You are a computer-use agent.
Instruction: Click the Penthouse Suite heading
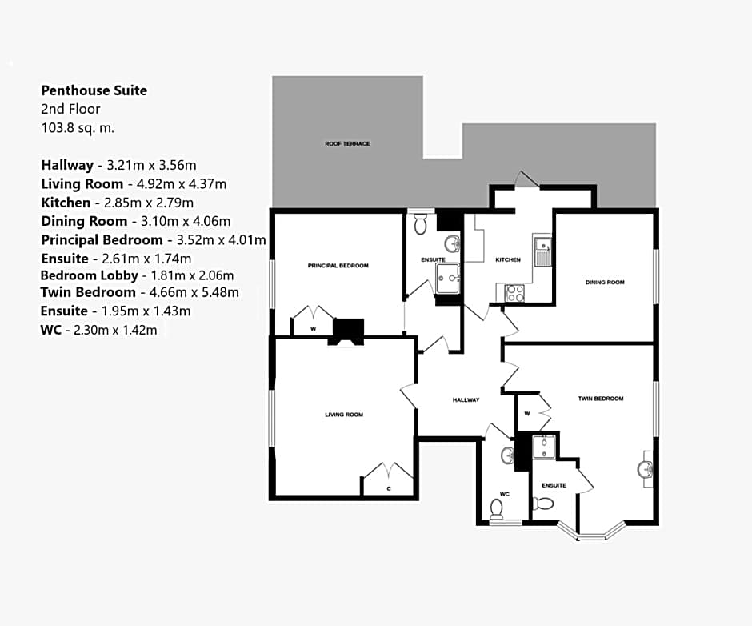tap(94, 90)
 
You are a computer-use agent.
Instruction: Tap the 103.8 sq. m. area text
tap(78, 128)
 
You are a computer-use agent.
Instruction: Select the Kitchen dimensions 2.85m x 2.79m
tap(149, 203)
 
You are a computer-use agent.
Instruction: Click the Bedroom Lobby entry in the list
tap(90, 275)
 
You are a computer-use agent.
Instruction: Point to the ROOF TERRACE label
tap(347, 143)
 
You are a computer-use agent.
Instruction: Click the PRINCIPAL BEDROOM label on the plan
tap(338, 266)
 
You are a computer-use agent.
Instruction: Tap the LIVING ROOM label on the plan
tap(344, 415)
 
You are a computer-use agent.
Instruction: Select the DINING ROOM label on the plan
tap(605, 283)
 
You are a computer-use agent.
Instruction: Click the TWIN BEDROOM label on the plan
tap(601, 399)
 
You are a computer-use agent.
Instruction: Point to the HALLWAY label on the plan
tap(466, 400)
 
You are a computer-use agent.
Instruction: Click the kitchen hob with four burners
tap(515, 293)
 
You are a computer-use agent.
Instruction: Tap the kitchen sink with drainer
tap(542, 251)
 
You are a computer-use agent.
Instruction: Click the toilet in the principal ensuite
tap(421, 223)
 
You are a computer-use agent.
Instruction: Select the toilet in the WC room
tap(496, 509)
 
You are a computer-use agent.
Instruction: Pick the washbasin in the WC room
tap(507, 455)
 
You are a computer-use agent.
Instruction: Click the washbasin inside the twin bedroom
tap(645, 469)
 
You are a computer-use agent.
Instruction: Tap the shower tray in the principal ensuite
tap(447, 278)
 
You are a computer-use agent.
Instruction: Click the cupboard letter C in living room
tap(389, 488)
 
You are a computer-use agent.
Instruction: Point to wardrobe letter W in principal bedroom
tap(313, 329)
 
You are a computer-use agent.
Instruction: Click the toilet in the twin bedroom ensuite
tap(543, 504)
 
